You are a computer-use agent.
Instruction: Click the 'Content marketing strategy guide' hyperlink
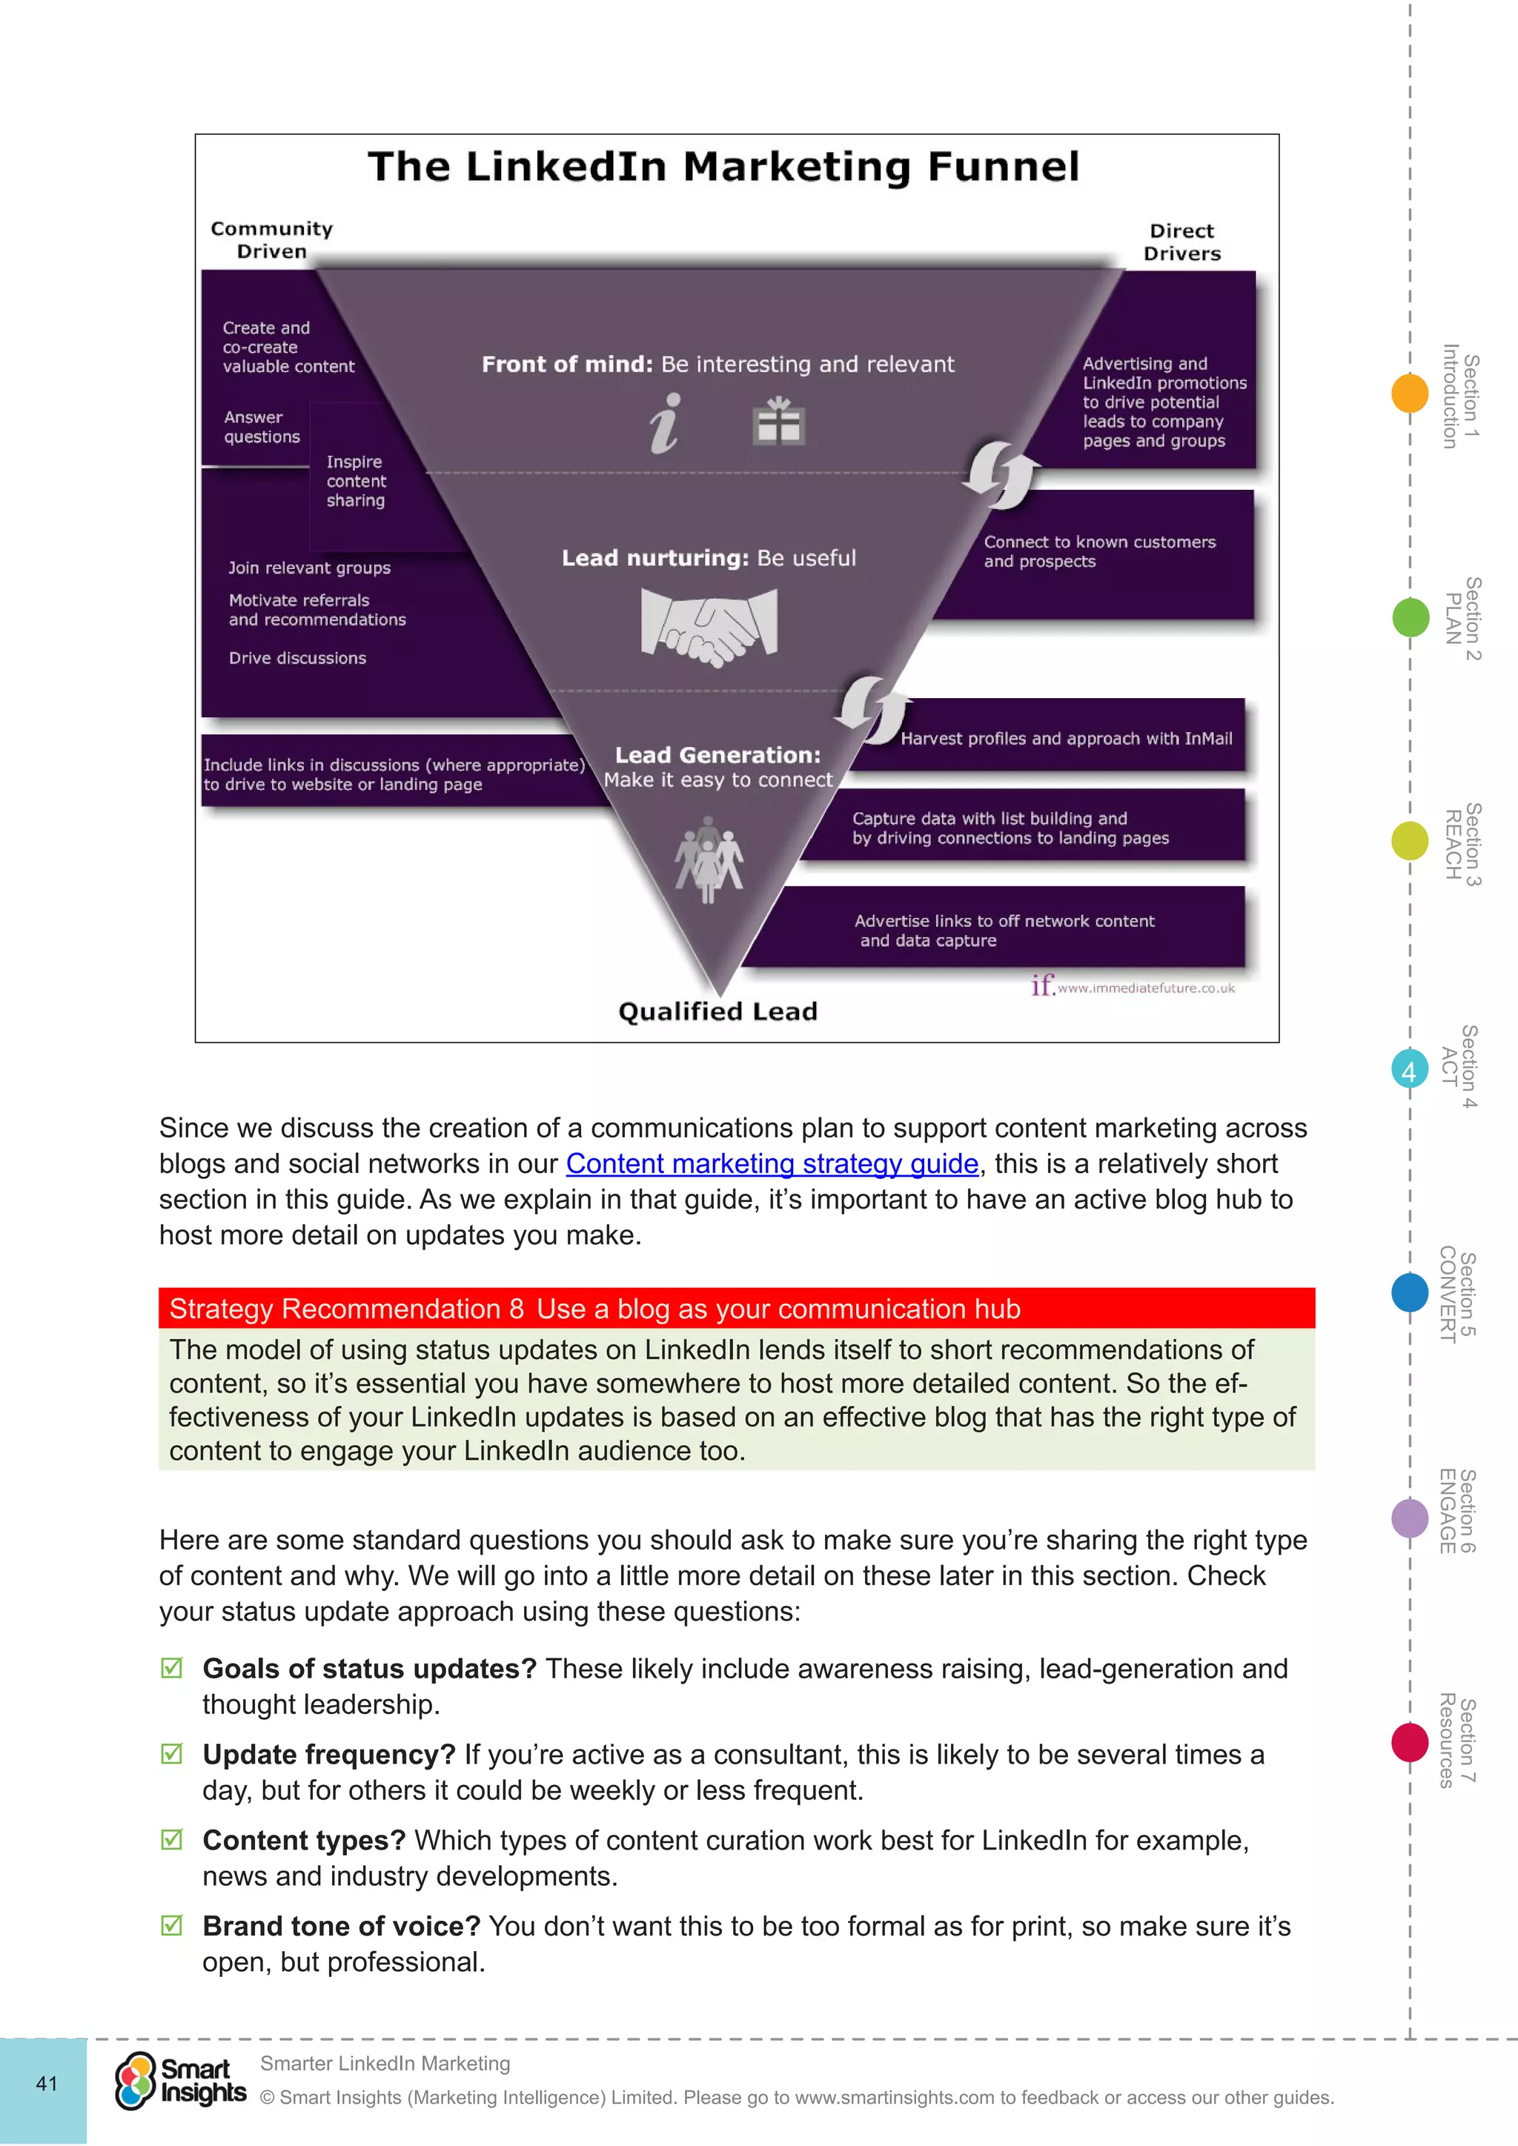point(772,1163)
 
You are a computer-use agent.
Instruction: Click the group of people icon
point(709,860)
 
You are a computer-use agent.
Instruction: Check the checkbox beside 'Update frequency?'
point(172,1753)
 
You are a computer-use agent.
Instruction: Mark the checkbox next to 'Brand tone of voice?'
point(172,1925)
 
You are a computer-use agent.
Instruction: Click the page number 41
point(46,2083)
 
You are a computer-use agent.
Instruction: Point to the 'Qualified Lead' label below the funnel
point(718,1011)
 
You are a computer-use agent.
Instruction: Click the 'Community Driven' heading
point(271,240)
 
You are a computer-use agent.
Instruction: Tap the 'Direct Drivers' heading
point(1181,242)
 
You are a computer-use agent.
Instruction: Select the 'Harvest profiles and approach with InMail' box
point(1066,738)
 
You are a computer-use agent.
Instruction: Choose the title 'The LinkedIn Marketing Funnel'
point(723,167)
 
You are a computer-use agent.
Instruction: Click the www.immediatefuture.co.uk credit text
point(1145,988)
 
